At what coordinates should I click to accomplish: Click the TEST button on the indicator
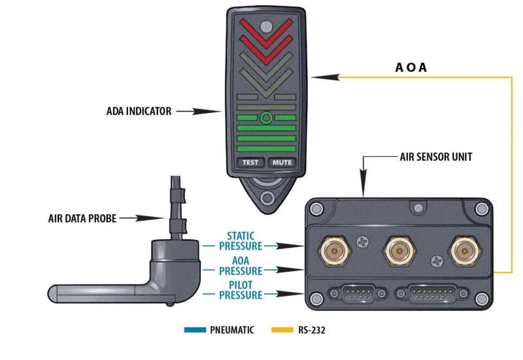[x=248, y=163]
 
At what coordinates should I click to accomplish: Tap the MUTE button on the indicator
[x=282, y=163]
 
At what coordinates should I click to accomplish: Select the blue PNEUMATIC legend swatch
[x=196, y=331]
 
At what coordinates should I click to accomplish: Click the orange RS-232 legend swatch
[x=281, y=331]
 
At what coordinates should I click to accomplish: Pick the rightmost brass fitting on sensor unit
[x=462, y=249]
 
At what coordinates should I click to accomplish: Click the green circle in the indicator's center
[x=265, y=118]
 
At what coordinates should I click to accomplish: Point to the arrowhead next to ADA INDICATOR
[x=208, y=112]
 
